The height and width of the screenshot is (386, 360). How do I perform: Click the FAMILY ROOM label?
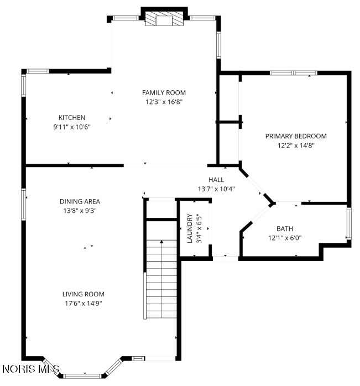pyautogui.click(x=164, y=92)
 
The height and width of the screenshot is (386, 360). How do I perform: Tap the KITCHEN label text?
pyautogui.click(x=72, y=117)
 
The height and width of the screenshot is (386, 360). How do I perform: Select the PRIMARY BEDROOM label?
pyautogui.click(x=296, y=136)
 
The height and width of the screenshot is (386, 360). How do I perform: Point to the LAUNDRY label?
pyautogui.click(x=190, y=228)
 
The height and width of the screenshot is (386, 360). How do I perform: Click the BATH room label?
pyautogui.click(x=285, y=229)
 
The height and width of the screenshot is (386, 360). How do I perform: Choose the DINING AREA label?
pyautogui.click(x=80, y=201)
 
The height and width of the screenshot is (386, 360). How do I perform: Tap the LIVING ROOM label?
pyautogui.click(x=84, y=294)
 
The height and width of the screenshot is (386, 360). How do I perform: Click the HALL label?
pyautogui.click(x=216, y=180)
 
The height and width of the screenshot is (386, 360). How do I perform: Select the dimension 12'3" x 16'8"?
pyautogui.click(x=164, y=102)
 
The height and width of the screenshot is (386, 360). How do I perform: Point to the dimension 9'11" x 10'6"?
pyautogui.click(x=72, y=127)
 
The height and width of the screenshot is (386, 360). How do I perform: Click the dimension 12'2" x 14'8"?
pyautogui.click(x=296, y=145)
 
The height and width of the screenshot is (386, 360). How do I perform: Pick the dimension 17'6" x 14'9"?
pyautogui.click(x=84, y=303)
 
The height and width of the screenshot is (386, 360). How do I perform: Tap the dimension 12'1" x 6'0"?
pyautogui.click(x=285, y=238)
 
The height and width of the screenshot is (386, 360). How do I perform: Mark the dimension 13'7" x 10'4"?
pyautogui.click(x=216, y=189)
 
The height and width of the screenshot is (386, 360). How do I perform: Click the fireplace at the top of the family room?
pyautogui.click(x=164, y=18)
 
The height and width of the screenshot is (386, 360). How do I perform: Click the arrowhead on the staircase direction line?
pyautogui.click(x=161, y=242)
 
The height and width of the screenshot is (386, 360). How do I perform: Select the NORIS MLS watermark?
pyautogui.click(x=31, y=369)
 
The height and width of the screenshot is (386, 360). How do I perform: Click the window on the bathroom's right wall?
pyautogui.click(x=349, y=223)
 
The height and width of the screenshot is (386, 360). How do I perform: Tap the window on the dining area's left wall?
pyautogui.click(x=23, y=204)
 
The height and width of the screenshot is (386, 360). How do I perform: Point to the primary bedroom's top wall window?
pyautogui.click(x=294, y=72)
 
